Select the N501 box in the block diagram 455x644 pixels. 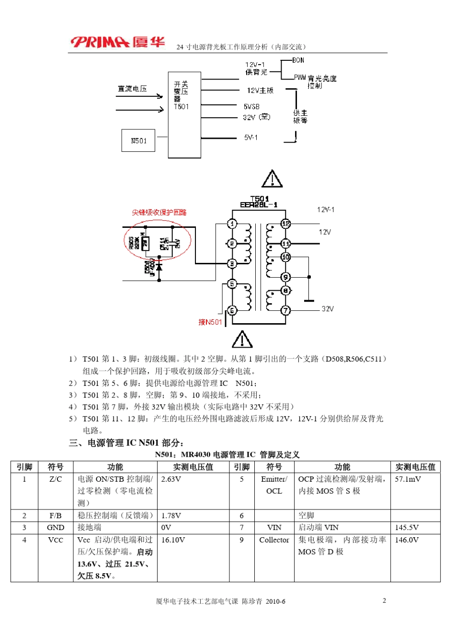138,141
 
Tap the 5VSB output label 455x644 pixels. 251,106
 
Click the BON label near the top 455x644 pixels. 298,60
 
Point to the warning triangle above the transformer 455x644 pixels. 272,179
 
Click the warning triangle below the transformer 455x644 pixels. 242,339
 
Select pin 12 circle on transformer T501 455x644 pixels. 285,224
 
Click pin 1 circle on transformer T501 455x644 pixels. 232,224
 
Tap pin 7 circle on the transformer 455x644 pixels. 285,310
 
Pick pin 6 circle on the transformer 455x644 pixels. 232,310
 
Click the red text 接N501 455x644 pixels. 210,322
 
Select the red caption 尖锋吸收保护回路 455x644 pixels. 159,212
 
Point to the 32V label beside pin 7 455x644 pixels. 328,309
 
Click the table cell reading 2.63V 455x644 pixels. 171,479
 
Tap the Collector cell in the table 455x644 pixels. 274,540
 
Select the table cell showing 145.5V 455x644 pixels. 407,527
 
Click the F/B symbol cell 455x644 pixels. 56,516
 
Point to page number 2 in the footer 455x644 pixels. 384,600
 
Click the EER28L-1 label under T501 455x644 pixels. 259,205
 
